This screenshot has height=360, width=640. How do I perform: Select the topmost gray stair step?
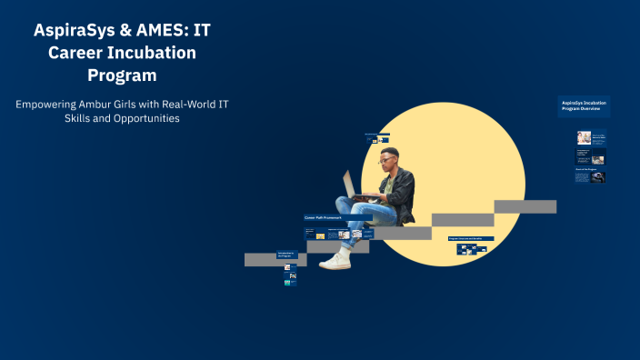(525, 206)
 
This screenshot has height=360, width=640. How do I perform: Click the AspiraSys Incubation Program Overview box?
(584, 105)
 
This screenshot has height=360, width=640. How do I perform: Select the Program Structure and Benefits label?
(471, 238)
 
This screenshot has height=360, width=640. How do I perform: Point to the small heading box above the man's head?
(377, 135)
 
